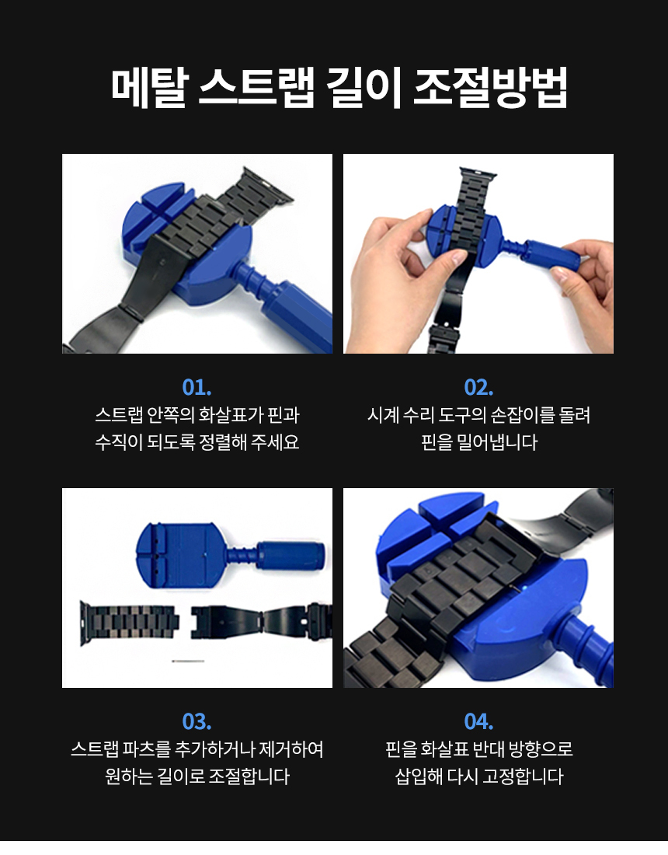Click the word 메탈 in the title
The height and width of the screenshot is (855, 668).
pos(149,87)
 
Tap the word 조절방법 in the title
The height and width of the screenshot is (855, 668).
pos(490,87)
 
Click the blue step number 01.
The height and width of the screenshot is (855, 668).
pos(197,388)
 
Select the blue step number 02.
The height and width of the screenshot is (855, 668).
pos(478,388)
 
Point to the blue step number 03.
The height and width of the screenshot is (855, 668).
pos(197,722)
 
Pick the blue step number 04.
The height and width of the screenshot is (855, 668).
pos(478,722)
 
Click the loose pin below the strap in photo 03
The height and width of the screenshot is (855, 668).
pos(188,661)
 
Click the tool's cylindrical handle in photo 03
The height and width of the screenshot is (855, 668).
pos(291,556)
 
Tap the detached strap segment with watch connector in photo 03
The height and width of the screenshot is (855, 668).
pos(130,622)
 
